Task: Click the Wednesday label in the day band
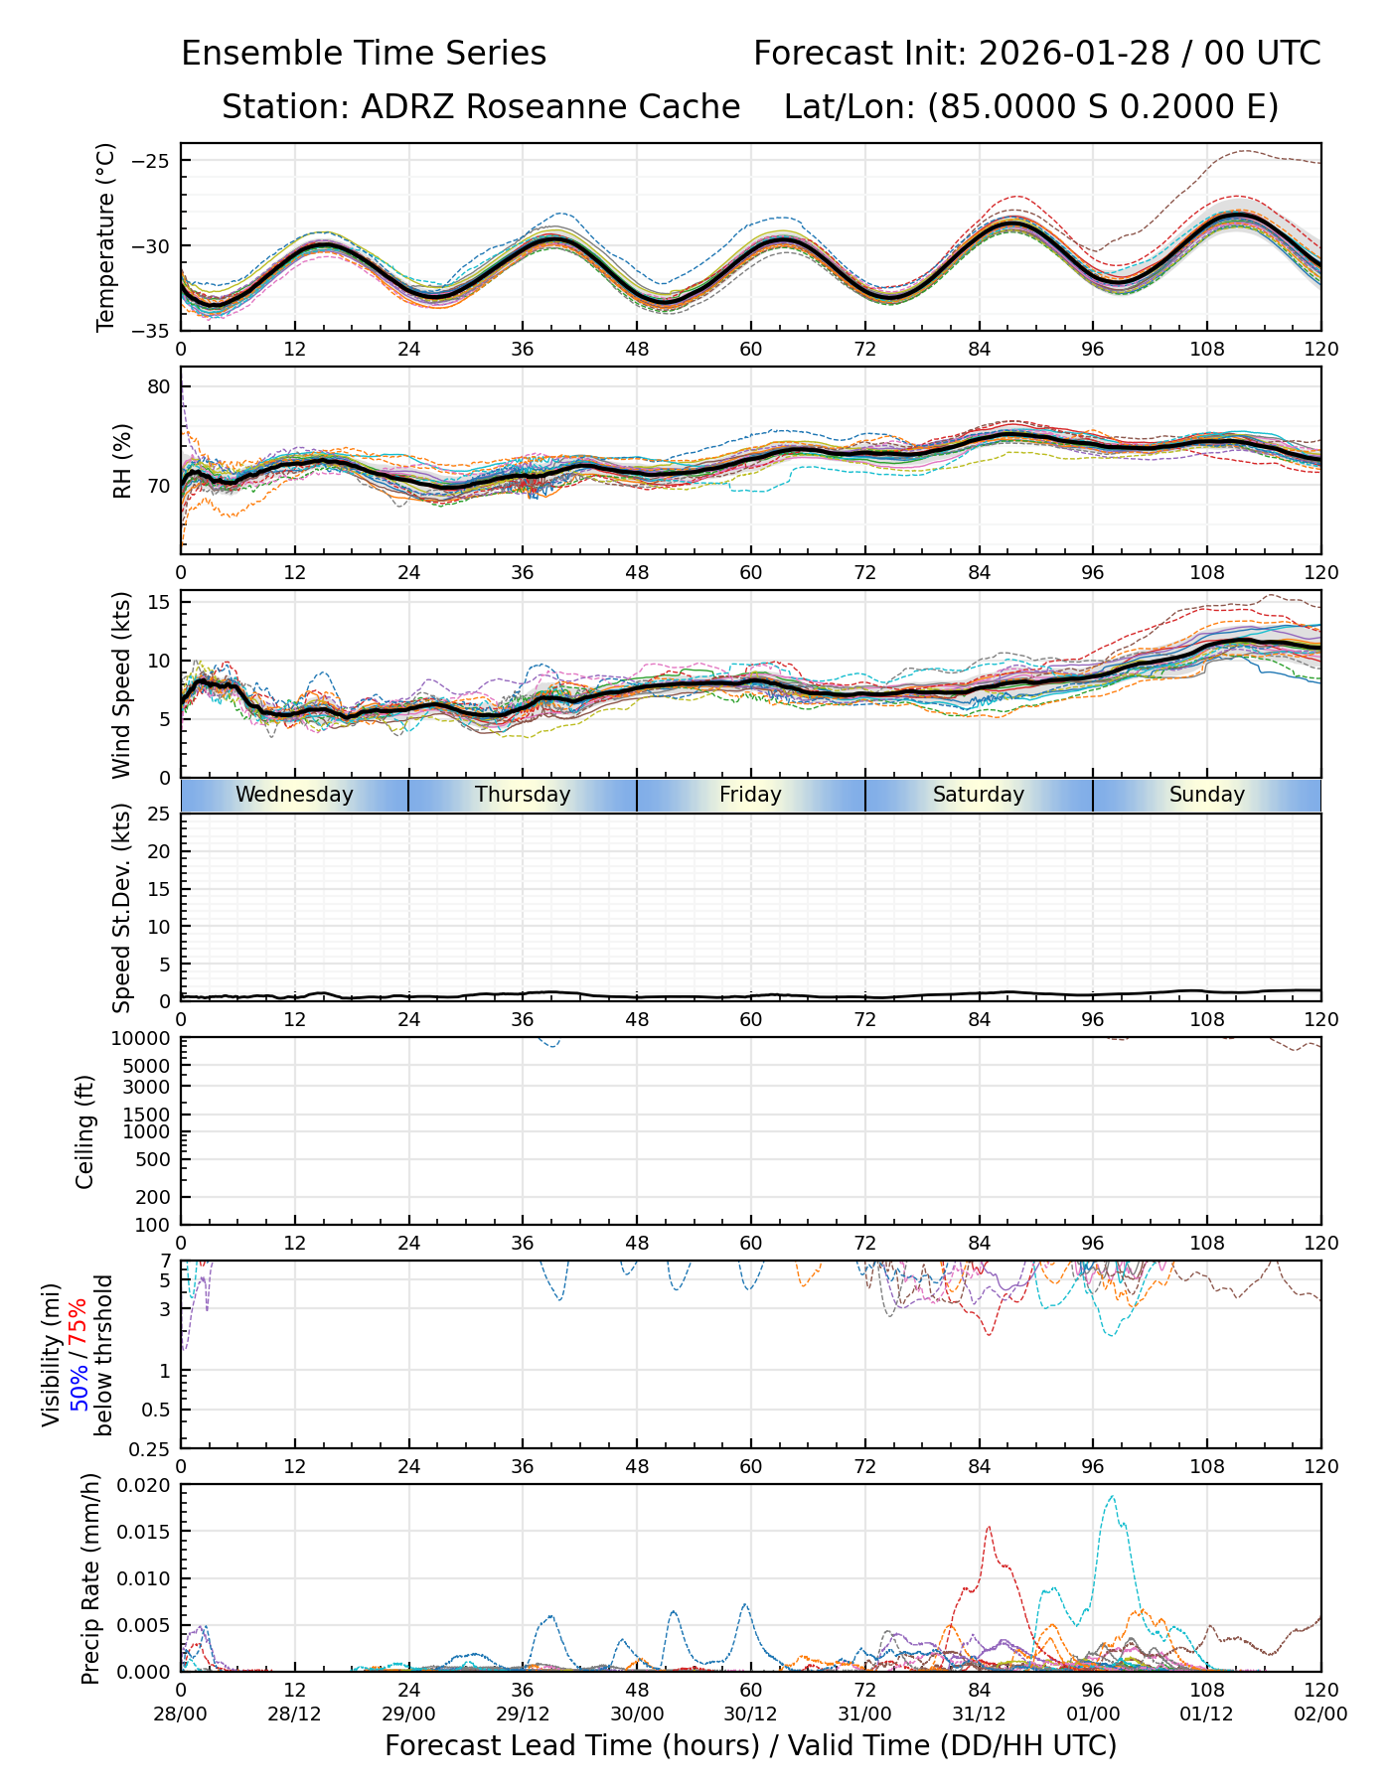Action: point(294,795)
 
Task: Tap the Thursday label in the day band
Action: point(523,795)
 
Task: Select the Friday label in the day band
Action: point(750,795)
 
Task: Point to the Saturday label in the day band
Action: point(979,795)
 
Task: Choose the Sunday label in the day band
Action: point(1206,795)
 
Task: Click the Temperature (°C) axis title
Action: point(106,236)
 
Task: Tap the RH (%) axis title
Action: point(122,460)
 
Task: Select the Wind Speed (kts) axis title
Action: point(122,684)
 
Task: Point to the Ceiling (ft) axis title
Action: point(85,1131)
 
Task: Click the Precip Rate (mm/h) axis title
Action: point(91,1578)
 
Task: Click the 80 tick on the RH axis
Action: point(160,386)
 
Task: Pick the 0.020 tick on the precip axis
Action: point(144,1485)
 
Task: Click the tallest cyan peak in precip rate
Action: point(1111,1497)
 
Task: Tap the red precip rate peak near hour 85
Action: point(989,1528)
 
